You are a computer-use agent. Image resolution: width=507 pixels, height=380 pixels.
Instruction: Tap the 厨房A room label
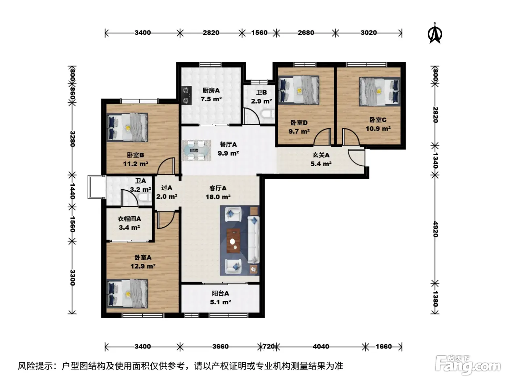coord(211,90)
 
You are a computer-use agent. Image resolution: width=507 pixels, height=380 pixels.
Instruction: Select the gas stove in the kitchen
coord(187,95)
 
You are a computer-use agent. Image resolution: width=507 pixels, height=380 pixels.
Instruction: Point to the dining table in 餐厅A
coord(196,150)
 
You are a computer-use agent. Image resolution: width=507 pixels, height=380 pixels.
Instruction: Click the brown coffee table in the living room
coord(233,241)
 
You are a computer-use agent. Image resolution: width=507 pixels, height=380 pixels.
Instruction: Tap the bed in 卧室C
coord(379,92)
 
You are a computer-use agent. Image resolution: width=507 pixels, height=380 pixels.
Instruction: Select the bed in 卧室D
coord(298,90)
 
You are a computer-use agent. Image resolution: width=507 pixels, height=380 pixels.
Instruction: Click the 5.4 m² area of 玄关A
coord(321,164)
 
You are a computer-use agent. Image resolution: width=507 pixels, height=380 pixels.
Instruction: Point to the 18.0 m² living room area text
coord(218,197)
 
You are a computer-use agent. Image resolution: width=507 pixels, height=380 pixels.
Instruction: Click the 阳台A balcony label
coord(220,293)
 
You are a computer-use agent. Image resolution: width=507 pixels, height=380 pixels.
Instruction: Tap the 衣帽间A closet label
coord(129,219)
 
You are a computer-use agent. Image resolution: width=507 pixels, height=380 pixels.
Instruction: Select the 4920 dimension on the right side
coord(435,229)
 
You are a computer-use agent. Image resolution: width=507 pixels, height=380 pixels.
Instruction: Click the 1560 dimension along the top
coord(259,33)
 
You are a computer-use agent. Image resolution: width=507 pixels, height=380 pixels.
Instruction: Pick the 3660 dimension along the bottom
coord(220,346)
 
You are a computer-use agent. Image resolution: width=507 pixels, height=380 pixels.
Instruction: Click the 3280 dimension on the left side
coord(72,139)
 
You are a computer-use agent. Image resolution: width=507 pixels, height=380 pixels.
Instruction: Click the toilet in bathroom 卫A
coord(144,198)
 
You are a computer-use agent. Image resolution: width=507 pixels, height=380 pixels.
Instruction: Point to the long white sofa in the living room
coord(253,240)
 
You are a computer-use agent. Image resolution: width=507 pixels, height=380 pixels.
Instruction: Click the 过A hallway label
coord(167,188)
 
